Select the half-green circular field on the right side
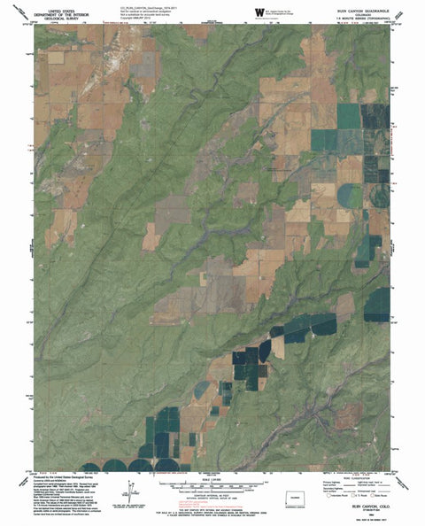(x=355, y=196)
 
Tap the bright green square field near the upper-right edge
(x=348, y=114)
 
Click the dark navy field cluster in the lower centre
(x=251, y=365)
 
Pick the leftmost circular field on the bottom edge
(x=117, y=466)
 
